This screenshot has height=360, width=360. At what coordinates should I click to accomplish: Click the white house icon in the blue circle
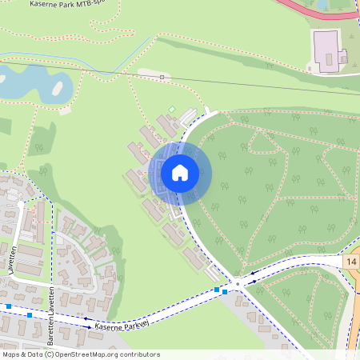[180, 172]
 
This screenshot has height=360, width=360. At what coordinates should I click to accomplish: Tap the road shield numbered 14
[352, 262]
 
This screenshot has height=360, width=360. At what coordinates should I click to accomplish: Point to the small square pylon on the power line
[162, 77]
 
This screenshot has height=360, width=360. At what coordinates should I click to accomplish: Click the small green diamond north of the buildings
[171, 109]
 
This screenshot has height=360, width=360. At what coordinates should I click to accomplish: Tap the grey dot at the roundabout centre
[237, 283]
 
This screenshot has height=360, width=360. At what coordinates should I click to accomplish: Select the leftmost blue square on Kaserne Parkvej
[9, 306]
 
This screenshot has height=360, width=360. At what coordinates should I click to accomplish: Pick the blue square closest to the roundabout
[225, 291]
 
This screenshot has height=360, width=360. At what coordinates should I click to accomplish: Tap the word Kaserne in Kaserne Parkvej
[106, 327]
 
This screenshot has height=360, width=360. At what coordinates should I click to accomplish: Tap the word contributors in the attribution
[141, 354]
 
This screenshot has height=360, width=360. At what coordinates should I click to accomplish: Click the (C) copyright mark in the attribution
[49, 354]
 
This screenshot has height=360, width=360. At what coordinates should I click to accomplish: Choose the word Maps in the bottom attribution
[11, 354]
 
